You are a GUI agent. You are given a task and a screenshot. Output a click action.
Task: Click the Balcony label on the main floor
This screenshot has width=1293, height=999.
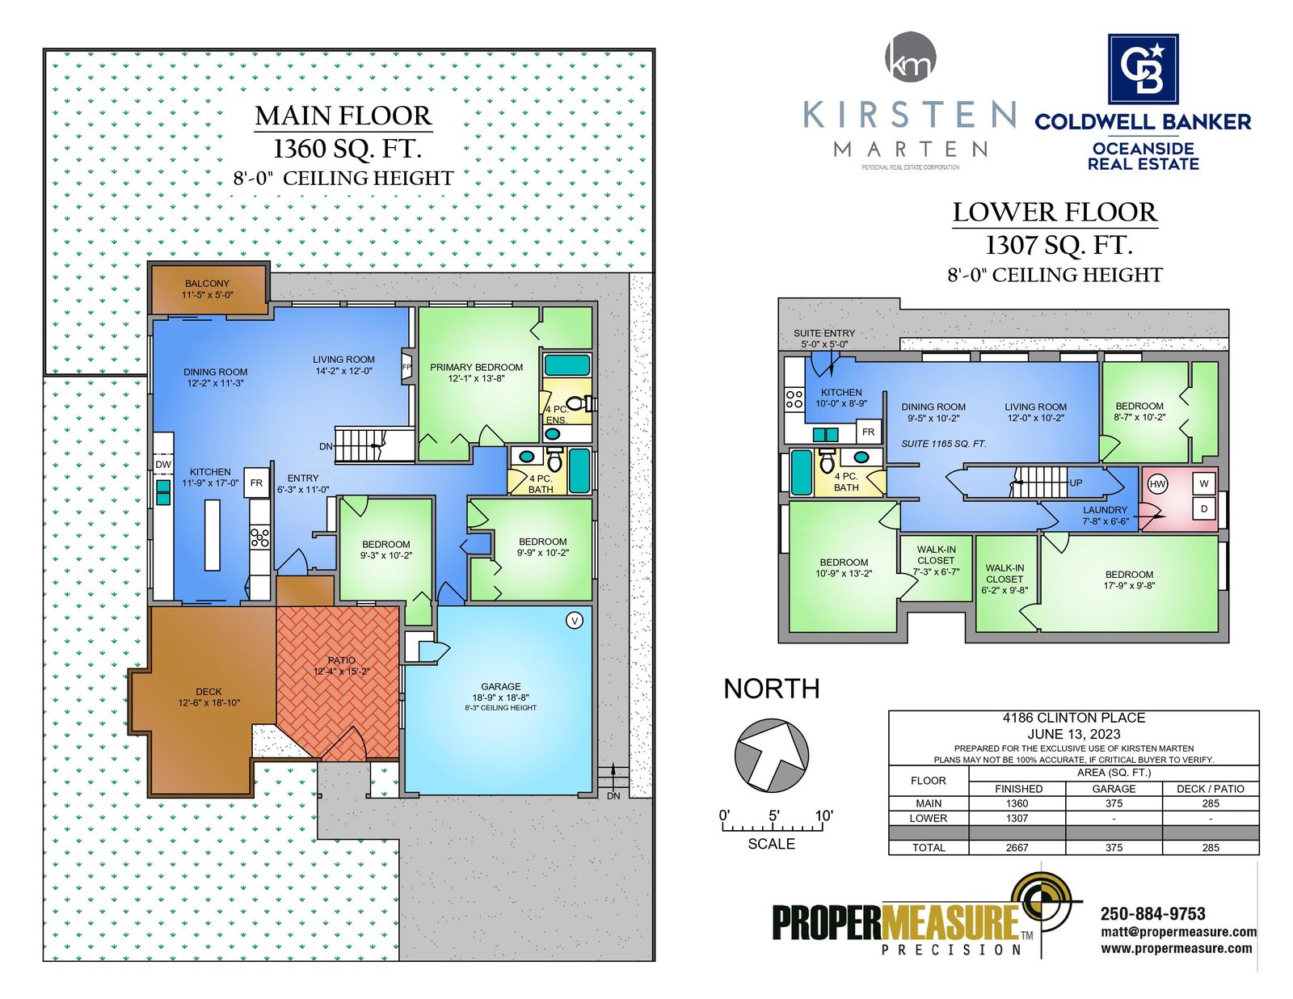pos(206,284)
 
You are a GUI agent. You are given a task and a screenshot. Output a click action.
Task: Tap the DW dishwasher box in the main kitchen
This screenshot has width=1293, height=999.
pos(163,465)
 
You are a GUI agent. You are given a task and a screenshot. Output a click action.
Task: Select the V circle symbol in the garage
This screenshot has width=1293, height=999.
pos(575,621)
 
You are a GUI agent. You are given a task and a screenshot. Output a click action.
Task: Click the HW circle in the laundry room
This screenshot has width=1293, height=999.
pos(1156,483)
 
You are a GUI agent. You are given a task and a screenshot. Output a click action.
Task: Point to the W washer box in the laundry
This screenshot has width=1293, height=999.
pos(1204,483)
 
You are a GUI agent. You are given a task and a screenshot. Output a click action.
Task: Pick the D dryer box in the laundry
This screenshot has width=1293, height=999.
pos(1204,508)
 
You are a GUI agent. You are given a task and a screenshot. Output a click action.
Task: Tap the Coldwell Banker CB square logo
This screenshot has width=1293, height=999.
pos(1143,69)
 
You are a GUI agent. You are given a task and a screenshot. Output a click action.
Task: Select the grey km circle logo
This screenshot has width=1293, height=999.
pos(911,57)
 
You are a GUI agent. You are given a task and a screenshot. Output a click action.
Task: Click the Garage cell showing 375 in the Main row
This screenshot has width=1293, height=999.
pos(1114,803)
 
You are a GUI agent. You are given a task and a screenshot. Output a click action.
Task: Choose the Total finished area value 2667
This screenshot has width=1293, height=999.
pos(1017,847)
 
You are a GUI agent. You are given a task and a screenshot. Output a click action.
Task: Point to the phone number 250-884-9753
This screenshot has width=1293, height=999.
pos(1152,913)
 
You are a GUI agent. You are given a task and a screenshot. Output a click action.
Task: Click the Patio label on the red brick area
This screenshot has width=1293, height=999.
pos(341,660)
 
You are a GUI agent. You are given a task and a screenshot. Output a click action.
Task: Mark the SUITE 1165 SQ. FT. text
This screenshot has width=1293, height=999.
pos(943,444)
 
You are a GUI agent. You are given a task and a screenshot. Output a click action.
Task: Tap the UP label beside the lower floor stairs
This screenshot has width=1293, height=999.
pos(1076,483)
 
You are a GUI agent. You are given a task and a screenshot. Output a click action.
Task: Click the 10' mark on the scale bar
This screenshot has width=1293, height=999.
pos(823,816)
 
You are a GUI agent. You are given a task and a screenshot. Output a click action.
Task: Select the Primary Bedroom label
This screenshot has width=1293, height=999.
pos(476,368)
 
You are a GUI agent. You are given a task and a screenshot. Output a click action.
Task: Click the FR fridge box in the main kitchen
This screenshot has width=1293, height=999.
pos(256,483)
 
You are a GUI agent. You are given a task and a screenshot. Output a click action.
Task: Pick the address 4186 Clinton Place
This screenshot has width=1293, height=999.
pos(1073,719)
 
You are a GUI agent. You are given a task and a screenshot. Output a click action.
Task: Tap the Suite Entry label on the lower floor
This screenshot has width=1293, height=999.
pos(823,333)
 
